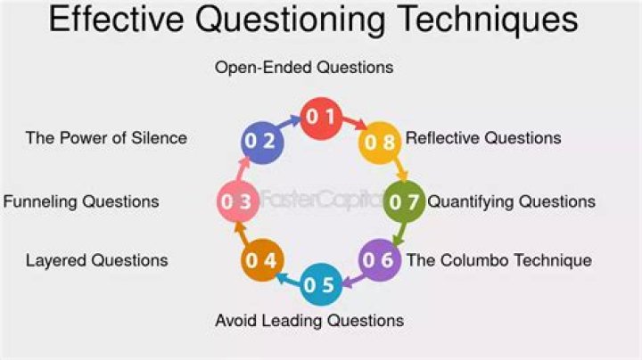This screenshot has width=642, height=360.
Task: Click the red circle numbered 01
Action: click(320, 117)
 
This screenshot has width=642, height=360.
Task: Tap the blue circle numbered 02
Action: click(263, 141)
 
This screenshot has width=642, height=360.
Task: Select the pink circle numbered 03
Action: click(238, 201)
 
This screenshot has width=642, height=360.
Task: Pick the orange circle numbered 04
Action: click(263, 260)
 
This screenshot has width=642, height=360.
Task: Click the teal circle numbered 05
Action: click(320, 285)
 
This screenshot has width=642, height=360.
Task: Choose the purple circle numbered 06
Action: click(379, 260)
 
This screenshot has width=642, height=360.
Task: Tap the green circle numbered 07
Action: click(404, 201)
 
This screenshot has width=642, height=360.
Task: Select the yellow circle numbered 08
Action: click(379, 141)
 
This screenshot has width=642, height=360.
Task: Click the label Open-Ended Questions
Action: click(304, 67)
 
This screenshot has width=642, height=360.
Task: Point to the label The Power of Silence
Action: click(106, 138)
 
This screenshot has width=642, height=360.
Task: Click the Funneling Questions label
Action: click(81, 201)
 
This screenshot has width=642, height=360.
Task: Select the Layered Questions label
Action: click(96, 261)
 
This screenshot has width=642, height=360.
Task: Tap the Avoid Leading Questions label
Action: click(309, 320)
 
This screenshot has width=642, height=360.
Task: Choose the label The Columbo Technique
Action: click(499, 261)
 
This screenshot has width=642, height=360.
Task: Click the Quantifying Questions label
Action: click(512, 201)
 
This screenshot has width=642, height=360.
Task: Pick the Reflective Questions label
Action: click(483, 138)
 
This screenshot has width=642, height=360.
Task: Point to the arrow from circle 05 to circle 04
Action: click(288, 278)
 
